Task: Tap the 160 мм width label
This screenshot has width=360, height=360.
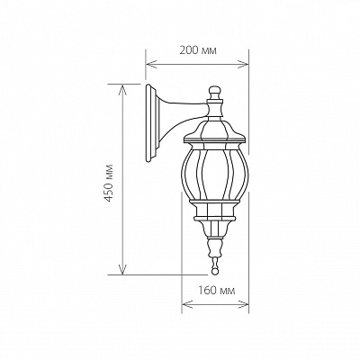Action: click(x=215, y=292)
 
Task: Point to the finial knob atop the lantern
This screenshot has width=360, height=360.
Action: click(x=214, y=92)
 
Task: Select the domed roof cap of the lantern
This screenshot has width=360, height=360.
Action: click(x=214, y=130)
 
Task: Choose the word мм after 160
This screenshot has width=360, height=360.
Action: click(x=227, y=292)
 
